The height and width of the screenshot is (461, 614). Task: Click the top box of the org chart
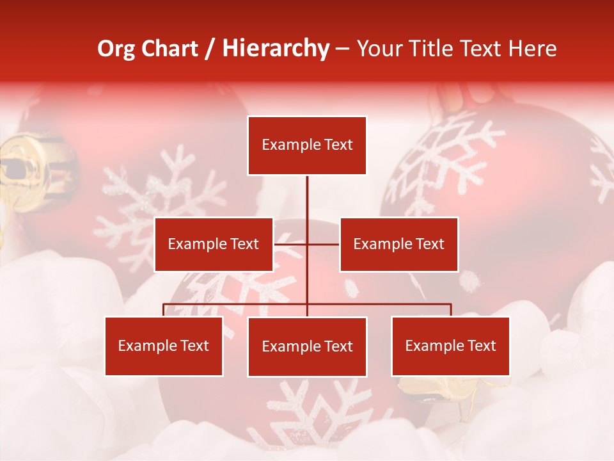pos(307,145)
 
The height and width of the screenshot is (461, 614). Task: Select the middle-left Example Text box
pos(214,244)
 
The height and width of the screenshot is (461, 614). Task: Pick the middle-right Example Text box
pos(398,244)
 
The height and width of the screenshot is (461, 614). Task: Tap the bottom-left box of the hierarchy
pos(164,346)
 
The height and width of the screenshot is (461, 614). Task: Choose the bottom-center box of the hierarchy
pos(307,346)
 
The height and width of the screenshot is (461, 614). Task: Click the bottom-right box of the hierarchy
pos(450,346)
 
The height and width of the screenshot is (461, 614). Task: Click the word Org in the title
pos(115,49)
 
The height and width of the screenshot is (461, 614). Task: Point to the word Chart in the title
pos(169,49)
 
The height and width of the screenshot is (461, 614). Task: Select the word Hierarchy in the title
pos(275,49)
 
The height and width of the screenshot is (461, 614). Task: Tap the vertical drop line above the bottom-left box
pos(164,310)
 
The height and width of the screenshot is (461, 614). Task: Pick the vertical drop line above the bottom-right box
pos(450,310)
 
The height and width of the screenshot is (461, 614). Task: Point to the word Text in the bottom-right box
pos(482,346)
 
